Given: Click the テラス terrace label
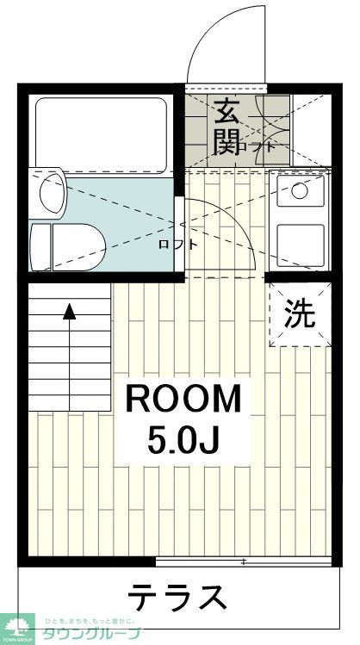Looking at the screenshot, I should point(178,597).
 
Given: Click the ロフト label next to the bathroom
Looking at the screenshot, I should point(177,245).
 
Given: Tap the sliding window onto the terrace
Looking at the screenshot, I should point(245,561).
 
